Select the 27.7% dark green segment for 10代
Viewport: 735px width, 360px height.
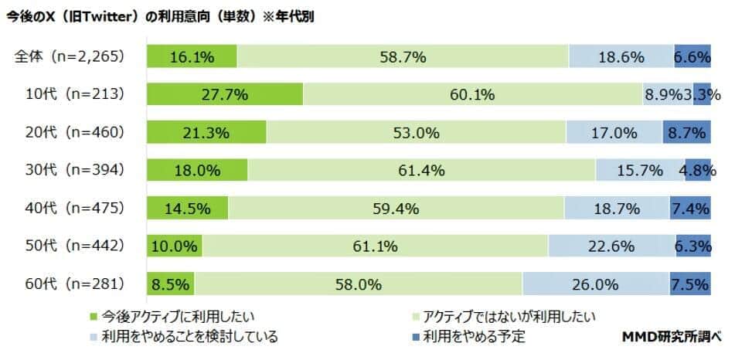click(x=225, y=94)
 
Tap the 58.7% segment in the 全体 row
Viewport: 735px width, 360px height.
click(x=403, y=56)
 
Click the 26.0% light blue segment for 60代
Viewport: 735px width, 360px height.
click(x=595, y=284)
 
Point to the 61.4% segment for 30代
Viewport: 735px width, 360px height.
click(x=422, y=170)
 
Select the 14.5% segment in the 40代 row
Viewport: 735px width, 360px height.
click(x=188, y=208)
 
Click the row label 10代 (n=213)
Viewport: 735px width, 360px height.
click(x=74, y=94)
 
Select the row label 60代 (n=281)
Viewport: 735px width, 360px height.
click(x=74, y=284)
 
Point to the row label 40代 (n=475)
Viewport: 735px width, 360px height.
click(x=74, y=208)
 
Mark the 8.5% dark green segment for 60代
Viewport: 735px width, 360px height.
click(x=170, y=284)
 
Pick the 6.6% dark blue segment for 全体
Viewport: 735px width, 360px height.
click(x=692, y=56)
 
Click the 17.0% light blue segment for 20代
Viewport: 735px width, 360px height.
click(x=614, y=132)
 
